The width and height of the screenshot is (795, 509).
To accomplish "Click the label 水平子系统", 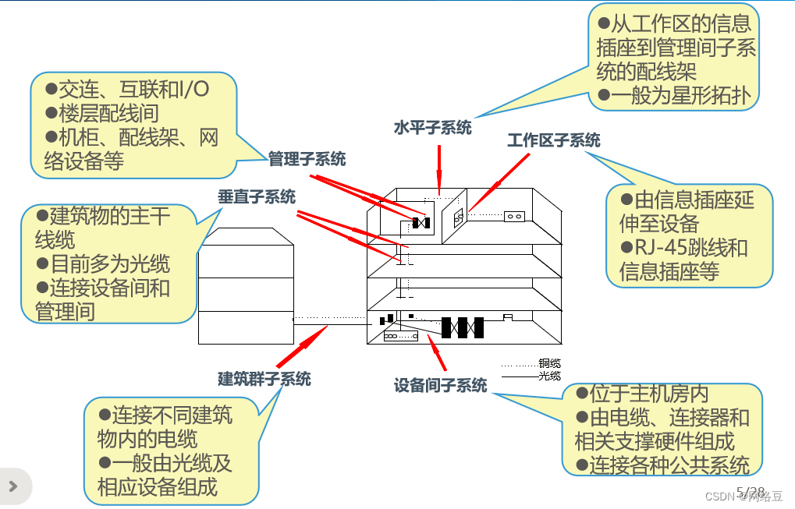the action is (x=432, y=128).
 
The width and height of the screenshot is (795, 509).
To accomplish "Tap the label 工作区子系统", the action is (x=554, y=140).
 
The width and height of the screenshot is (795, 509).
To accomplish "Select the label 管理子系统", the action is (x=307, y=159).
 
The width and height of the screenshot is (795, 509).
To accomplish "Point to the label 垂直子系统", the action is (x=257, y=196).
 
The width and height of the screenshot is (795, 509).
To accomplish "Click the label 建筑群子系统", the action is (x=264, y=379).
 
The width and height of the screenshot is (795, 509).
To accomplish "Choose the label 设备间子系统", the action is (x=440, y=385).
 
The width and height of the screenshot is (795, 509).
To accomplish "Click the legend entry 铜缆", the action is (x=549, y=363).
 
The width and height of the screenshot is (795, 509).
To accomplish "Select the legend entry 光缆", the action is (x=549, y=376).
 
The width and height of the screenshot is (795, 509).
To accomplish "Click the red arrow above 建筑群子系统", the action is (x=302, y=346).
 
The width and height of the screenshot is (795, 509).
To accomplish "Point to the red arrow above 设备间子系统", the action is (x=437, y=352).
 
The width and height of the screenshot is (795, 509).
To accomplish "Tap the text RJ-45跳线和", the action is (x=684, y=248).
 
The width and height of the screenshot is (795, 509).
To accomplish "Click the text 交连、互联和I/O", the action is (x=126, y=89).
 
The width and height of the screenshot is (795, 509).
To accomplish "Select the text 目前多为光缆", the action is (x=103, y=263).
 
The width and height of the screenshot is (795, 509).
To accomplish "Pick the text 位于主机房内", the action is (x=642, y=394).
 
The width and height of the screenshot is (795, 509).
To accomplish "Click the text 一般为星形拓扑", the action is (x=674, y=95).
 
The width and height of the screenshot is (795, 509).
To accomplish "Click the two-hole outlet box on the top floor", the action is (x=514, y=216).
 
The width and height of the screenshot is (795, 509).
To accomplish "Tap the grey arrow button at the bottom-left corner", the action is (x=14, y=486).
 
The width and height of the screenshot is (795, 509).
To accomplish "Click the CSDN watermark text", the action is (x=744, y=497).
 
